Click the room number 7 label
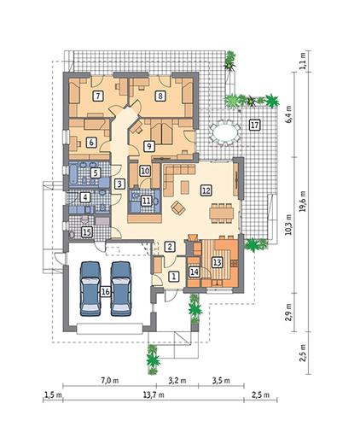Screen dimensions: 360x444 (98, 96)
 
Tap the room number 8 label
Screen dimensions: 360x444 (160, 96)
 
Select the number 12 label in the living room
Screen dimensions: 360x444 (206, 190)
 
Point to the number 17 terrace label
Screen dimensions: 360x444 (254, 125)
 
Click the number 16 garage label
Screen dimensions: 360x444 (105, 292)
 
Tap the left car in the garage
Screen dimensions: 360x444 (90, 289)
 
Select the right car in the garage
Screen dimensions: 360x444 (121, 289)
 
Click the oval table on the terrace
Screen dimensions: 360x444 (224, 133)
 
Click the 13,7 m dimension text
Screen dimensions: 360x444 (154, 394)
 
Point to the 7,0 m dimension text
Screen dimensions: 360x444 (109, 381)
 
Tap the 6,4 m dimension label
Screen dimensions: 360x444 (288, 114)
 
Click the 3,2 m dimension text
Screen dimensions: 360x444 (177, 381)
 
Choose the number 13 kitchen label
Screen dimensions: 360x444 (217, 262)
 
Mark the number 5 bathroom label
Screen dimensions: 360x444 (96, 172)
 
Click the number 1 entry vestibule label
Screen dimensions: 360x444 (174, 276)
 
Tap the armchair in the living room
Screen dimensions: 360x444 (178, 207)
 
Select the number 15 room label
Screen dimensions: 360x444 (87, 231)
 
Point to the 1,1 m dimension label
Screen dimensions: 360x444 (303, 61)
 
